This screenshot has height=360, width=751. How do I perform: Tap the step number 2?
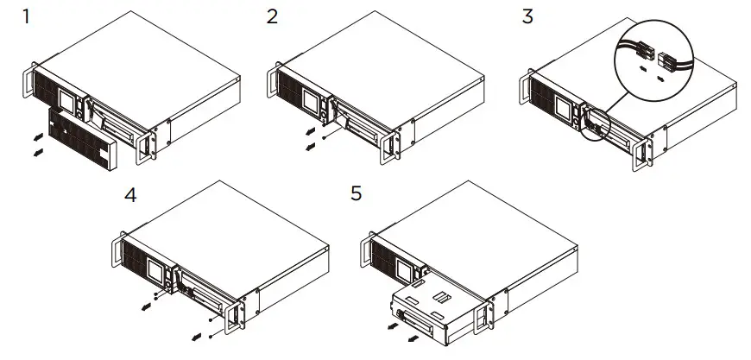pos(273,17)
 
